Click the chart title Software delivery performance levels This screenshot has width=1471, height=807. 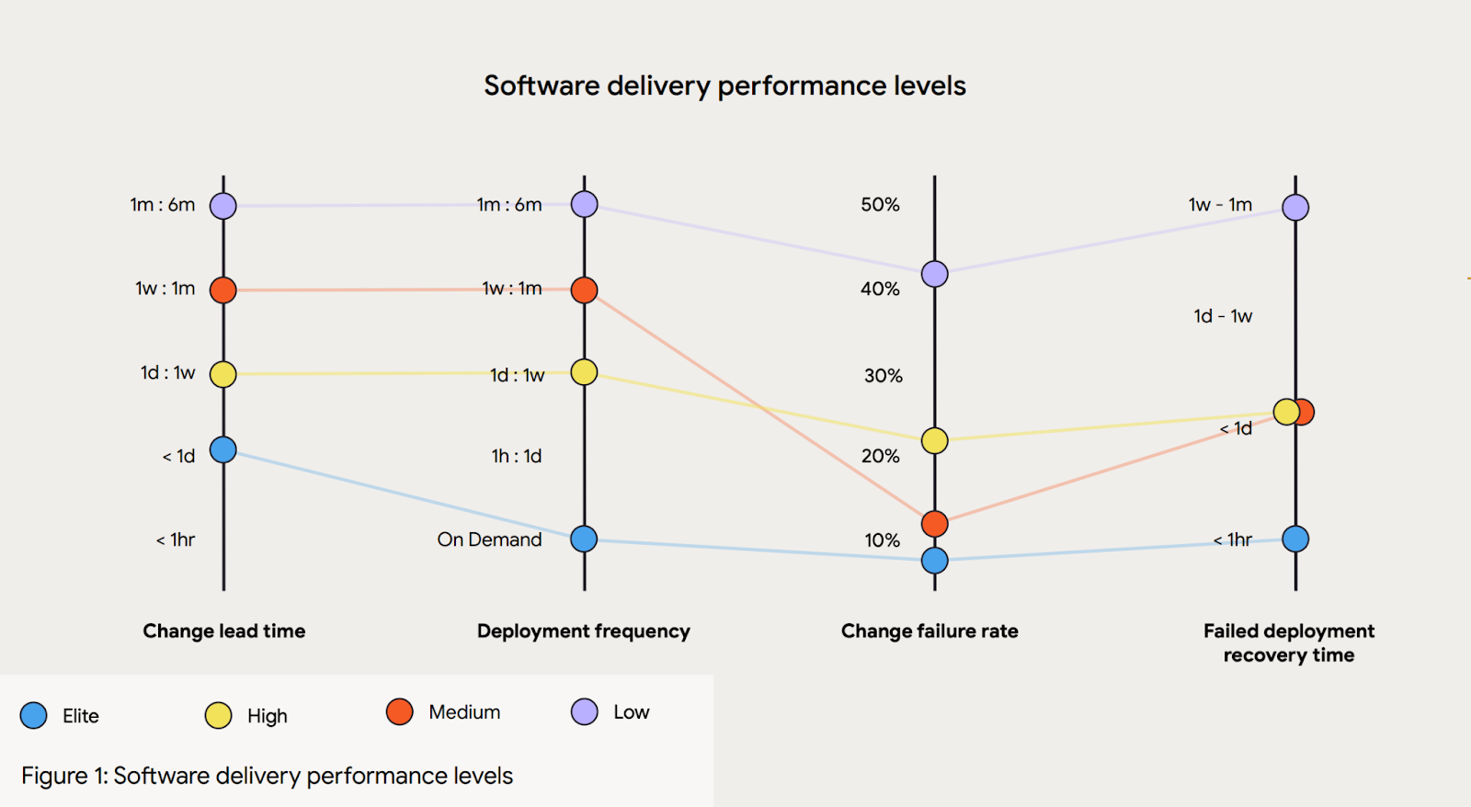[724, 85]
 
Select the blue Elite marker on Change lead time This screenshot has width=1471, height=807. [223, 449]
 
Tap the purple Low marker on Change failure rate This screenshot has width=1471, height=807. [934, 274]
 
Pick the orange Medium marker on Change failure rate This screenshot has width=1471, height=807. [934, 524]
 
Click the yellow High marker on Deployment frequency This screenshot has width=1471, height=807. [584, 372]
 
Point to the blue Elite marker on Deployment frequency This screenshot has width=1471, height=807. [584, 539]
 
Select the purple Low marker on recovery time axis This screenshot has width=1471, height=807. [1295, 208]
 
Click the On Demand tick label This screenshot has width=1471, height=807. [489, 540]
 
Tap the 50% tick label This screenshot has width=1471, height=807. [880, 204]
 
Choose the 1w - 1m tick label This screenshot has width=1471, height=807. [1220, 204]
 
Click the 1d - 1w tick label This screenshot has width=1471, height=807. [1223, 316]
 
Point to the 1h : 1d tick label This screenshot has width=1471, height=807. [517, 456]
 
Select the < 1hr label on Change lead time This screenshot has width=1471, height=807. [176, 540]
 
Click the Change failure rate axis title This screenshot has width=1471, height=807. [929, 631]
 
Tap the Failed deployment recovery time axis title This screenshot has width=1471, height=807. [1288, 642]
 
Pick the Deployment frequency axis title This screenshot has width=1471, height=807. [583, 631]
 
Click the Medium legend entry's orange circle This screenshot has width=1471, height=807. [400, 711]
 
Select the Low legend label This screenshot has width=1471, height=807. [631, 712]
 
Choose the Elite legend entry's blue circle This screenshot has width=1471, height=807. [34, 715]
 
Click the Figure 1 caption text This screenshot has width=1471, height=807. [267, 776]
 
